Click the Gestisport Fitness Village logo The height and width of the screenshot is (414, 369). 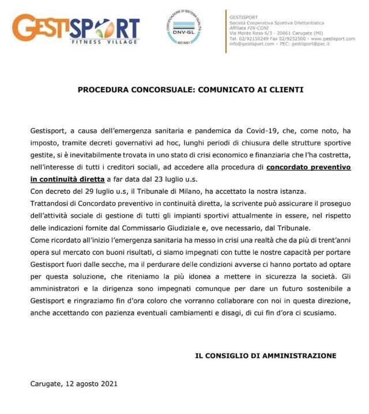tap(76, 30)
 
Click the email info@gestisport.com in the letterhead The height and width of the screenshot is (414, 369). tap(249, 43)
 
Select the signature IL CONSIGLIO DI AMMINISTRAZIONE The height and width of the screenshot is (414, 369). tap(265, 356)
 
